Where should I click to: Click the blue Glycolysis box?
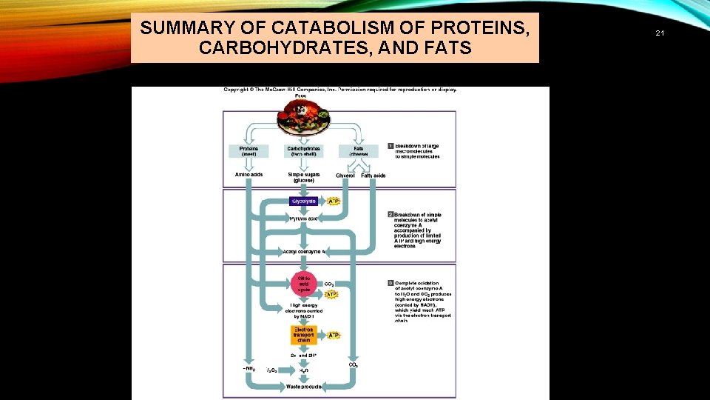[x=303, y=201]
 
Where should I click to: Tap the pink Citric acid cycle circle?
[x=303, y=284]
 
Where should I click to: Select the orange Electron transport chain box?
[x=303, y=335]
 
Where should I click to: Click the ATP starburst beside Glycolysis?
[x=334, y=201]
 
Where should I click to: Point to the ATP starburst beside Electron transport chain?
[x=334, y=335]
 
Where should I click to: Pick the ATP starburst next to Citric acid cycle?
[x=331, y=294]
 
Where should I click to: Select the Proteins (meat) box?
[x=248, y=150]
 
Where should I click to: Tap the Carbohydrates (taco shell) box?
[x=303, y=150]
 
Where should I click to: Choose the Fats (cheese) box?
[x=359, y=150]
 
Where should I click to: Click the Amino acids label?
[x=248, y=175]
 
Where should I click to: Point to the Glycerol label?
[x=345, y=176]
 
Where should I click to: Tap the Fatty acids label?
[x=373, y=176]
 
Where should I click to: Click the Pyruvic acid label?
[x=303, y=219]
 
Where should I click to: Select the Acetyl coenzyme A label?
[x=304, y=252]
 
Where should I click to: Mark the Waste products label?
[x=304, y=387]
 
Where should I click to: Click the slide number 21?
[x=660, y=33]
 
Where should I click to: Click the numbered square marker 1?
[x=390, y=146]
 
